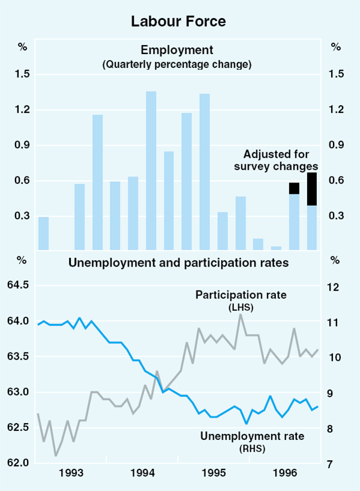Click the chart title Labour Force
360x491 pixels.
click(x=179, y=22)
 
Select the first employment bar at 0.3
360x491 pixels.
click(x=43, y=233)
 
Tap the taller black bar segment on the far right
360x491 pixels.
click(x=312, y=189)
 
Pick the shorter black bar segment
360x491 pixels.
click(x=294, y=188)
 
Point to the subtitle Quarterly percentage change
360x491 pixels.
click(x=177, y=63)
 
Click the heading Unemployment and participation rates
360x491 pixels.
click(x=179, y=262)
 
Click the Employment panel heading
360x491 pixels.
click(x=177, y=50)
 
